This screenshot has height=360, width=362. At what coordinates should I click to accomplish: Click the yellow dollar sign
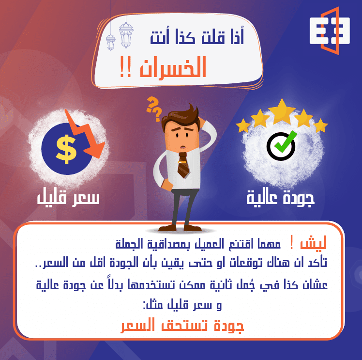pos(65,148)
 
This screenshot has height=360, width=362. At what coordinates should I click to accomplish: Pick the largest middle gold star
pos(282,110)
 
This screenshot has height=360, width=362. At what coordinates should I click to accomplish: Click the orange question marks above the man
pos(154,108)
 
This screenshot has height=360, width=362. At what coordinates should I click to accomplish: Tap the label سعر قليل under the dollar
pos(68,198)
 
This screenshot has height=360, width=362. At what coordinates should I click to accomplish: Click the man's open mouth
pos(181,144)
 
